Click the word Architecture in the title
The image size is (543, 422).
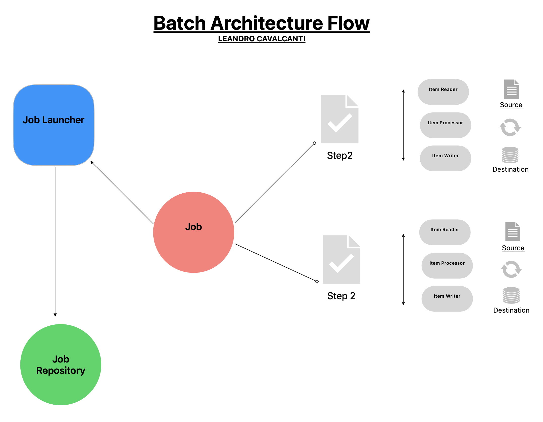coord(266,23)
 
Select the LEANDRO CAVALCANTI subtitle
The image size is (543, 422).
coord(261,39)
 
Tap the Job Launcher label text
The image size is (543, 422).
coord(53,120)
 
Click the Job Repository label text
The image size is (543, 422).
coord(61,365)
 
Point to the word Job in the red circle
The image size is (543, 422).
coord(193,227)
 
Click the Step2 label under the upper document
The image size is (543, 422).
coord(340,156)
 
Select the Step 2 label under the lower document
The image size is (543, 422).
coord(341,296)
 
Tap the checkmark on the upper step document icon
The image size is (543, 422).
coord(340,123)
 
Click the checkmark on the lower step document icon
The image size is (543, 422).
coord(341,263)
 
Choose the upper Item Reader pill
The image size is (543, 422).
coord(443,92)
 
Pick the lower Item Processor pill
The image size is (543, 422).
coord(447,265)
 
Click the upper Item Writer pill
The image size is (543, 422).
coord(445,158)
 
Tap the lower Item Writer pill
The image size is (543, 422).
coord(447,298)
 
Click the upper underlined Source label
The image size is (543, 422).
coord(511,105)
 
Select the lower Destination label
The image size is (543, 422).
coord(511,310)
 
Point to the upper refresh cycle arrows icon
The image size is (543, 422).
coord(510,128)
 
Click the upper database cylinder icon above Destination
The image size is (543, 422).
coord(510,155)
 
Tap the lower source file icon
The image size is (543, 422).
coord(512,231)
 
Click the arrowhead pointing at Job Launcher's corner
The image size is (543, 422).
coord(92,162)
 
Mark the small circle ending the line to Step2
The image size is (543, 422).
coord(314,143)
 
